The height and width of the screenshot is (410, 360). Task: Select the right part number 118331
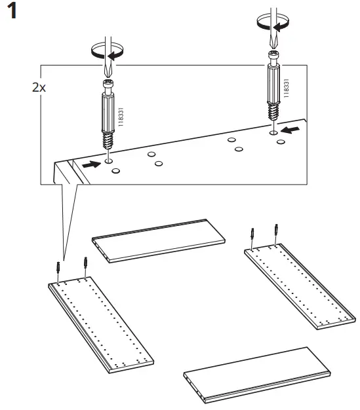[286, 86]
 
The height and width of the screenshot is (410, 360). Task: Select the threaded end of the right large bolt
[273, 115]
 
